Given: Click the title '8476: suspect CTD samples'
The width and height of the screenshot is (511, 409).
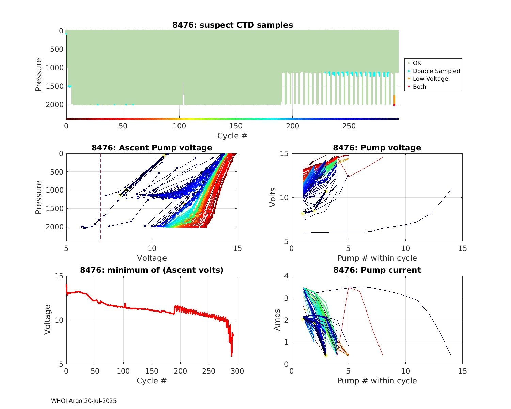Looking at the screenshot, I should (x=233, y=25).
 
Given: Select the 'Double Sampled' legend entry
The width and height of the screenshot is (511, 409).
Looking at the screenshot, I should (x=436, y=71).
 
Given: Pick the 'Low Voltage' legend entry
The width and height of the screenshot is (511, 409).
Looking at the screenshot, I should (x=430, y=79).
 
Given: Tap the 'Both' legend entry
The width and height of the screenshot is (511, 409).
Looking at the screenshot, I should (x=419, y=87).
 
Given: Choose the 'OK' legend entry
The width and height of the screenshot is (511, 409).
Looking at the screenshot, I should (x=417, y=63).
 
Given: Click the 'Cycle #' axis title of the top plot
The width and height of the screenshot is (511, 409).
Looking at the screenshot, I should (x=232, y=136).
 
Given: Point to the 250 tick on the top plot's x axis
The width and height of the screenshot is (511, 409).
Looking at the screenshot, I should (x=349, y=126).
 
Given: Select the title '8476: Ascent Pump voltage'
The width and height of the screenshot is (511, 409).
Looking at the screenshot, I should (x=152, y=148).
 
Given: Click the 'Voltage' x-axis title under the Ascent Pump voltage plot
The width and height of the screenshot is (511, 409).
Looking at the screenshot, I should (x=152, y=258).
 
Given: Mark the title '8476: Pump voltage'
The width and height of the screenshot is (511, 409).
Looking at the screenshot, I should (x=377, y=148).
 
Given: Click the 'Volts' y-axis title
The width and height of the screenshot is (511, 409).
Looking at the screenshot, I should (x=273, y=197).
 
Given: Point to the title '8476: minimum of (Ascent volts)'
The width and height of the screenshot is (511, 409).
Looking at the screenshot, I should (x=152, y=270).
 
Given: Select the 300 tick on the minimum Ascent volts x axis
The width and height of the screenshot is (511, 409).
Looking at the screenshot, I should (x=237, y=371).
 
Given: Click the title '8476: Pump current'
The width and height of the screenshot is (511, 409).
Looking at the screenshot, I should (x=377, y=270).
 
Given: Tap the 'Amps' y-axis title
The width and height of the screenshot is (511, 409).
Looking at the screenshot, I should (x=277, y=320).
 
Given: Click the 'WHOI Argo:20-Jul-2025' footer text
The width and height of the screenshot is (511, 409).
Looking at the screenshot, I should (x=84, y=401).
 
